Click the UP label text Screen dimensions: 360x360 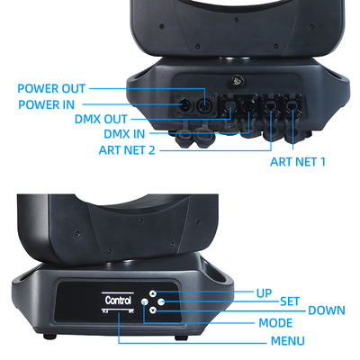264,293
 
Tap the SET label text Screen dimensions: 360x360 290,301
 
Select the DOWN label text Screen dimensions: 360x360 326,310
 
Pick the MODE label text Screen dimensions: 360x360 275,322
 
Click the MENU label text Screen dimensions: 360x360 287,341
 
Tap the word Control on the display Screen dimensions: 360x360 118,301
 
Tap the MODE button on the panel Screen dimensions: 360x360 145,301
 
